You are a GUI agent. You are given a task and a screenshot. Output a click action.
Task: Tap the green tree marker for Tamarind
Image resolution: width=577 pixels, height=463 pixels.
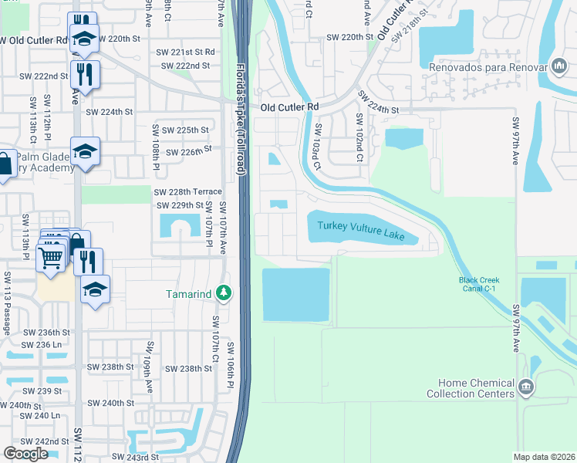(x=224, y=293)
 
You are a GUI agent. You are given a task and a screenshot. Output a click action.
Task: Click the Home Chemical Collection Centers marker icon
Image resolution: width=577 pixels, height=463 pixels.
(x=526, y=385)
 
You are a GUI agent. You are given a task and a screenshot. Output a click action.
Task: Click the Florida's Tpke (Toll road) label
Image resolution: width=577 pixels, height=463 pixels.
(x=241, y=120)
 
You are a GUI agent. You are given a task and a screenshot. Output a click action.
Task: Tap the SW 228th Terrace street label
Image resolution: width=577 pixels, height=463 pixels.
(x=188, y=191)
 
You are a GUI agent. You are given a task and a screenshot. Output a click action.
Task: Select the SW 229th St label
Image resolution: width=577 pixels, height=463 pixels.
(x=180, y=205)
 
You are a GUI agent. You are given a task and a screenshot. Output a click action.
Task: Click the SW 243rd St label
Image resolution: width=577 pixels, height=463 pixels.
(x=134, y=457)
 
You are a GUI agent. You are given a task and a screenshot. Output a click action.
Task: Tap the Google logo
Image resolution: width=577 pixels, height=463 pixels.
(x=25, y=454)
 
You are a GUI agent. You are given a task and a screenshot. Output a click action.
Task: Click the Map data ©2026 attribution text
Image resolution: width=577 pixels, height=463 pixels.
(x=545, y=457)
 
